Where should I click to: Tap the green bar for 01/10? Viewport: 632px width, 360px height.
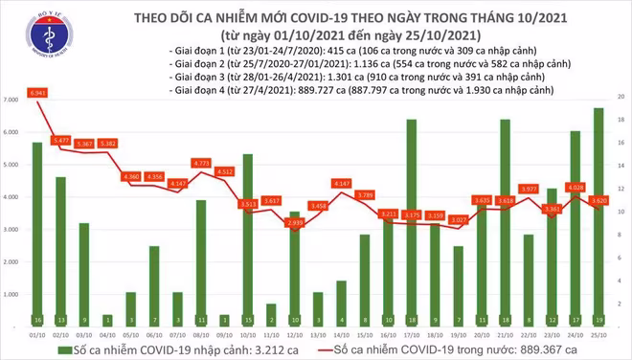36,230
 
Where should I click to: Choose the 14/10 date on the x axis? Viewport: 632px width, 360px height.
341,336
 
